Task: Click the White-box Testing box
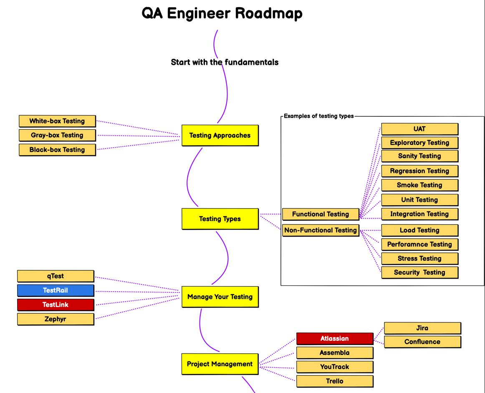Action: point(57,121)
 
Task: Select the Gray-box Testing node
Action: point(57,135)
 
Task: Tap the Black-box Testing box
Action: point(57,150)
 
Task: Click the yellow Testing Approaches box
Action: point(220,136)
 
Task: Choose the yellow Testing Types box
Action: point(220,219)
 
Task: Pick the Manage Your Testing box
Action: point(220,297)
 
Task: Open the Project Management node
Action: point(220,364)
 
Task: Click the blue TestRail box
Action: point(56,290)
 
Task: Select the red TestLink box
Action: point(56,305)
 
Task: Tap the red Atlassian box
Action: point(335,339)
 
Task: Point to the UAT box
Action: point(420,129)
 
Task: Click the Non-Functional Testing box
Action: point(321,230)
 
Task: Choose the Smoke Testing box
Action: point(420,185)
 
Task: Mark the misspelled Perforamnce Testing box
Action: point(420,244)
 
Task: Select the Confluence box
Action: point(422,342)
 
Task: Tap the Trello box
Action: point(335,381)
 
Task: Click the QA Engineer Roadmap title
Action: point(222,14)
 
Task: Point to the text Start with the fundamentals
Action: point(225,62)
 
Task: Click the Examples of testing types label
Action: point(318,116)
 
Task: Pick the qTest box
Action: point(56,276)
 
